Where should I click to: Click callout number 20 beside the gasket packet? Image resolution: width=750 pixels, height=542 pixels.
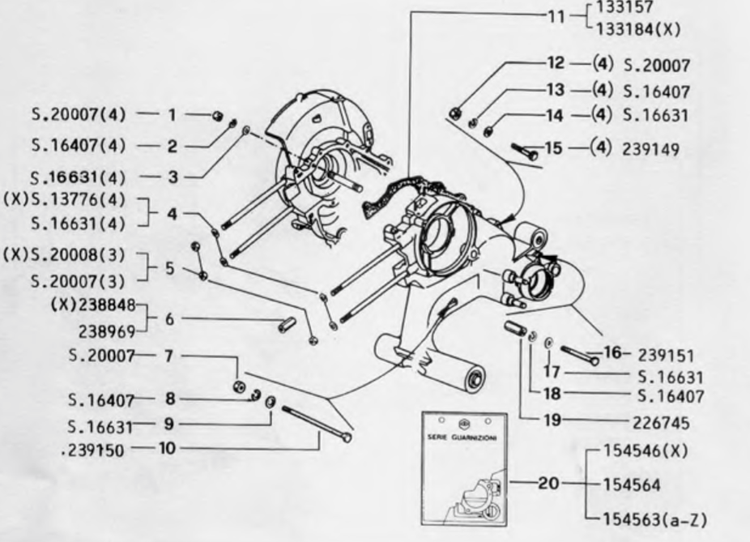pyautogui.click(x=548, y=484)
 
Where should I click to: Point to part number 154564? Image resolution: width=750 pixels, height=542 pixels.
pyautogui.click(x=633, y=484)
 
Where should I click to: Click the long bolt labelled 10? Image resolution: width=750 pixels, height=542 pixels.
pyautogui.click(x=316, y=423)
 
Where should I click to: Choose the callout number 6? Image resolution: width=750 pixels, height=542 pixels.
pyautogui.click(x=169, y=319)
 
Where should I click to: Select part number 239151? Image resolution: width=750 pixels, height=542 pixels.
pyautogui.click(x=670, y=355)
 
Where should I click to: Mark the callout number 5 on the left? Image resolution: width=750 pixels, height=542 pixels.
pyautogui.click(x=169, y=268)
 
